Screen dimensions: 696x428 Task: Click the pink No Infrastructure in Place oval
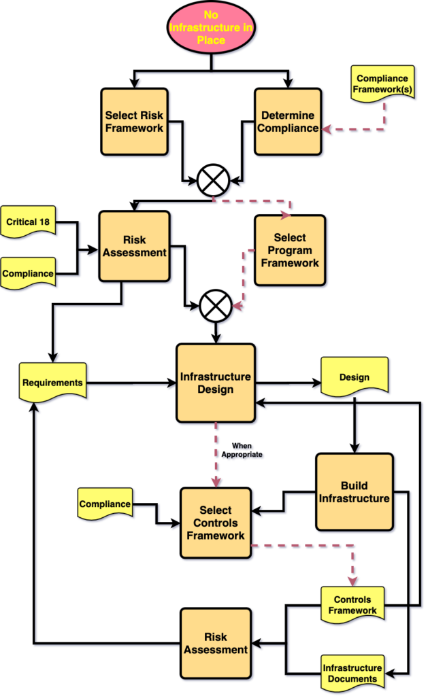point(214,27)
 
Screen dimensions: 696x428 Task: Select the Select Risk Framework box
point(134,122)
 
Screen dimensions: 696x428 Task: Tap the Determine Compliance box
point(289,122)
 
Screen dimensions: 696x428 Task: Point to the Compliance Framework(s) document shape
point(383,85)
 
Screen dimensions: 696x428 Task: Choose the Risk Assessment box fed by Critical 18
point(134,246)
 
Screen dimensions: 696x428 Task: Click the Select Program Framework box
point(290,250)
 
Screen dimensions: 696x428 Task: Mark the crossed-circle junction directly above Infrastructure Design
point(216,305)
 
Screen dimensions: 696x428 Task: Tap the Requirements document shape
point(52,383)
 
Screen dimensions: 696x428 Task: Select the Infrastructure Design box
point(216,383)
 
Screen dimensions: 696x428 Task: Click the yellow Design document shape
point(354,377)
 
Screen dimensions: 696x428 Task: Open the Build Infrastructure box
point(354,492)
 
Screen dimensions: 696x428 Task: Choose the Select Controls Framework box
point(216,523)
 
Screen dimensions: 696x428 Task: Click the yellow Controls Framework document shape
point(352,604)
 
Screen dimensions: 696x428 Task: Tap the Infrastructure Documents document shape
point(352,673)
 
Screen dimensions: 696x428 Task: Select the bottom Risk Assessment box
point(216,643)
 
